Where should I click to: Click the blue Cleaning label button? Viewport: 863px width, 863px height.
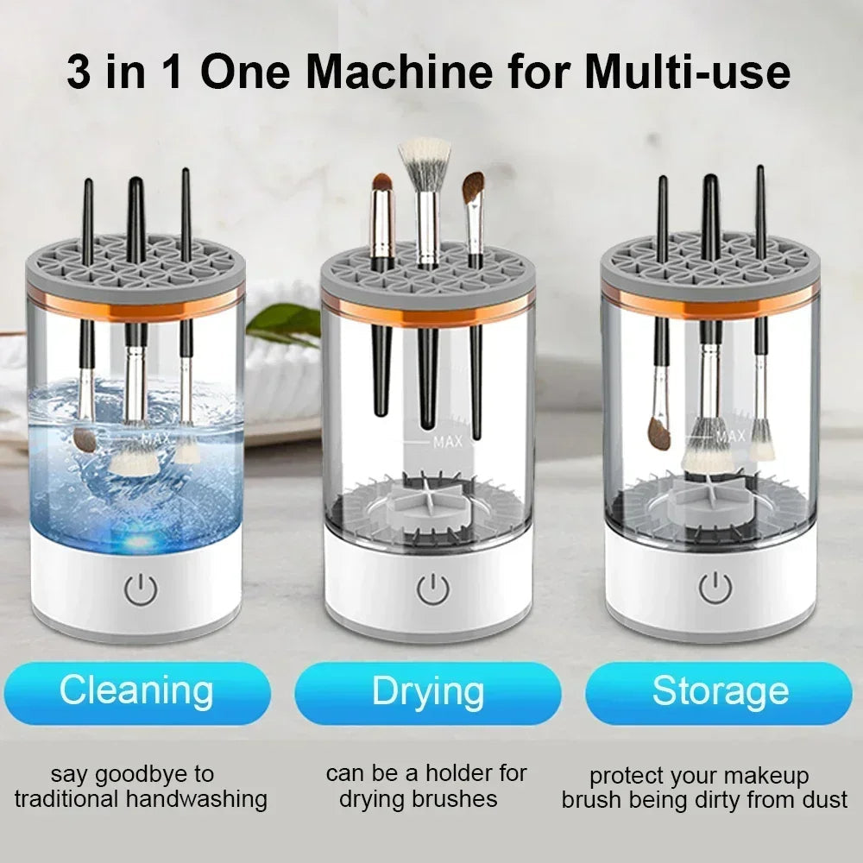pyautogui.click(x=136, y=692)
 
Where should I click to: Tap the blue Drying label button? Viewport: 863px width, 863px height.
pyautogui.click(x=428, y=692)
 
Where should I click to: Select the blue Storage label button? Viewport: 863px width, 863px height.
pyautogui.click(x=719, y=692)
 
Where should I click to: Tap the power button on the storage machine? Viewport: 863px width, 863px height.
pyautogui.click(x=715, y=589)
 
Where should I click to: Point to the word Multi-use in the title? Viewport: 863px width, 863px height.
pyautogui.click(x=686, y=72)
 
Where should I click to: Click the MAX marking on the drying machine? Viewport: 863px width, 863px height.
pyautogui.click(x=448, y=442)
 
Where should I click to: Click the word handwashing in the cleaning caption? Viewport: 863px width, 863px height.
pyautogui.click(x=198, y=799)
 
